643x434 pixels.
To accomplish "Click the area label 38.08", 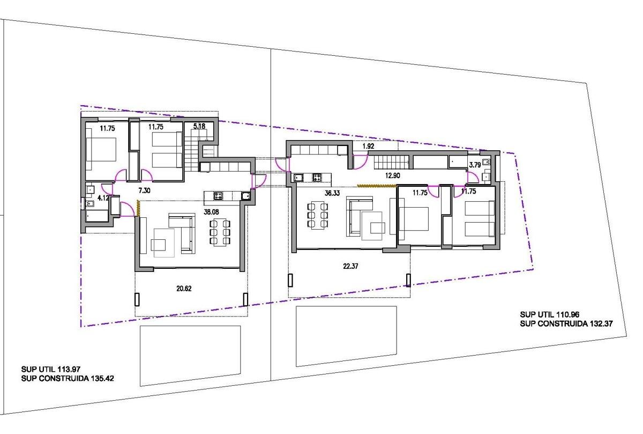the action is click(x=211, y=212).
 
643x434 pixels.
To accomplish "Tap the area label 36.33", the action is click(x=332, y=193).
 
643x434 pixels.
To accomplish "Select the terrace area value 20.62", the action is click(x=184, y=289).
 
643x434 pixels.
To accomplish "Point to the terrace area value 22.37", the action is click(x=350, y=266).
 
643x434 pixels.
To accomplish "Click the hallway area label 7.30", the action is click(x=144, y=190).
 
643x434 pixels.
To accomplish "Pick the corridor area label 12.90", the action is click(x=392, y=175).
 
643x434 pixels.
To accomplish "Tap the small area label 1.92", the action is click(x=368, y=146).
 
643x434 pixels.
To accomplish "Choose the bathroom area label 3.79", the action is click(x=475, y=165).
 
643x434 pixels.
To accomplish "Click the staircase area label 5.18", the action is click(x=199, y=126).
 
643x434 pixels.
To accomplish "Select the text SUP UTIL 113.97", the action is click(x=51, y=369).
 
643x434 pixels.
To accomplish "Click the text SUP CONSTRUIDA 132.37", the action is click(x=566, y=323).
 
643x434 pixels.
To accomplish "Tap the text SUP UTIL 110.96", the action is click(x=550, y=314).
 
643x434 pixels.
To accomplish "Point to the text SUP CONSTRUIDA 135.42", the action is click(x=68, y=378).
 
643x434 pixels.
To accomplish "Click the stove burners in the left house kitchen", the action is click(x=218, y=196).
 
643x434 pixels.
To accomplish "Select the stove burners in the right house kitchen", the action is click(x=317, y=178).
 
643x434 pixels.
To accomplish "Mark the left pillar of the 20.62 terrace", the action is click(x=137, y=299).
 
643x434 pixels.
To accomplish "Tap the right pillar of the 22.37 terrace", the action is click(x=408, y=280).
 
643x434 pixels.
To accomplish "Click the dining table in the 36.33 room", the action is click(x=317, y=215).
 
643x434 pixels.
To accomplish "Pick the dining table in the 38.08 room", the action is click(x=220, y=232).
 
